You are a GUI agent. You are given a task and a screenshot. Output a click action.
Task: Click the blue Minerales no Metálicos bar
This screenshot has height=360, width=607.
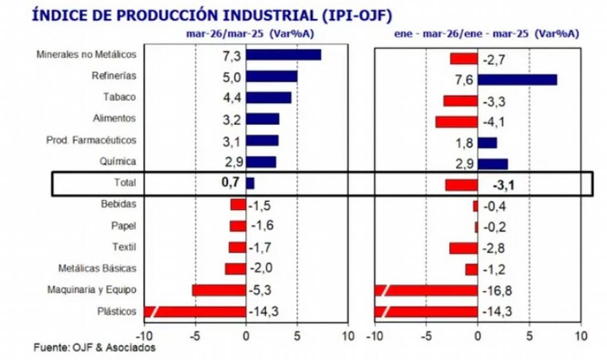pyautogui.click(x=283, y=55)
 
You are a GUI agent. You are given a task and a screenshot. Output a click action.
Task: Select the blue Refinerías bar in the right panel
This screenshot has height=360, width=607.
pyautogui.click(x=517, y=80)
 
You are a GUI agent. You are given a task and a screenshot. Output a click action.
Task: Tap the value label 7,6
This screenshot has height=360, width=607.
pyautogui.click(x=464, y=80)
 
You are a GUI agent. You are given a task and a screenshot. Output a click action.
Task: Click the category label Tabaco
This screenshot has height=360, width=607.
pyautogui.click(x=119, y=97)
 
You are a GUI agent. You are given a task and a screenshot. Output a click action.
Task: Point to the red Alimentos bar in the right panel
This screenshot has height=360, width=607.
pyautogui.click(x=456, y=122)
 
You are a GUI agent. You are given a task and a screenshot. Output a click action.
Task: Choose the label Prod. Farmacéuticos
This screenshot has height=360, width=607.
pyautogui.click(x=91, y=140)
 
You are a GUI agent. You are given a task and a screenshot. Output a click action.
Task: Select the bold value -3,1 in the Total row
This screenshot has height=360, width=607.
pyautogui.click(x=503, y=186)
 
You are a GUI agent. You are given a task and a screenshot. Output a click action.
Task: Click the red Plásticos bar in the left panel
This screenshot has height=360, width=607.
pyautogui.click(x=195, y=311)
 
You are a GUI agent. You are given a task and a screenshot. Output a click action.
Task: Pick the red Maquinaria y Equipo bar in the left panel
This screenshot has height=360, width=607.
pyautogui.click(x=219, y=290)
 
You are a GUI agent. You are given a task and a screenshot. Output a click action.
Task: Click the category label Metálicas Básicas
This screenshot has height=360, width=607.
pyautogui.click(x=97, y=268)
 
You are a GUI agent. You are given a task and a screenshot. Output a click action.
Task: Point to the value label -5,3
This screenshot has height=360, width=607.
pyautogui.click(x=262, y=290)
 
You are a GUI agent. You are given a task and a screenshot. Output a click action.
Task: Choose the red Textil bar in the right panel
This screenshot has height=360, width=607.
pyautogui.click(x=463, y=248)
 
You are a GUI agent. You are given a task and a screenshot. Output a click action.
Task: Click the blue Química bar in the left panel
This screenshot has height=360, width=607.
pyautogui.click(x=261, y=162)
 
